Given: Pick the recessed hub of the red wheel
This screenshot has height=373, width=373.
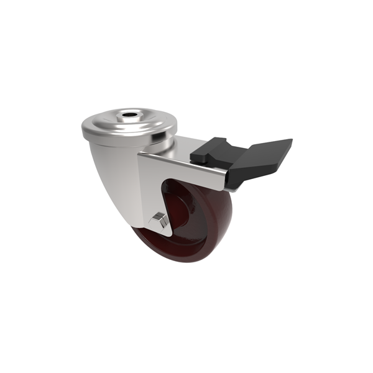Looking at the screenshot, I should click(x=180, y=205).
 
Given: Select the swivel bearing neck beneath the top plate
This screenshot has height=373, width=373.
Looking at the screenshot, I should click(x=165, y=146).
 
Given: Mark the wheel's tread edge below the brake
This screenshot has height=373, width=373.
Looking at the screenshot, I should click(x=227, y=205).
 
